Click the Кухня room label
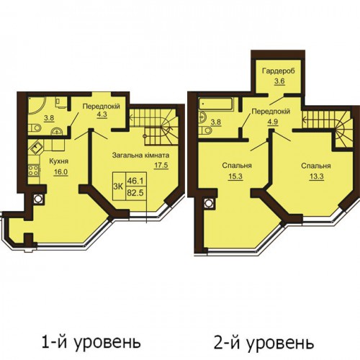coord(59,161)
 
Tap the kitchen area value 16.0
coord(61,172)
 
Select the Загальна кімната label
coord(140,156)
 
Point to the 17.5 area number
coord(161,166)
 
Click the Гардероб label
coord(279,71)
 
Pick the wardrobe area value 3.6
coord(279,81)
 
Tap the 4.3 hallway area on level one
coord(102,114)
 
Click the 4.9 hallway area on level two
coord(273,122)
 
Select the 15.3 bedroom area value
coord(236,176)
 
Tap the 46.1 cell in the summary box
coord(135,181)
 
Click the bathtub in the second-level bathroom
coord(215,105)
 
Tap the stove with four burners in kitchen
coord(34,171)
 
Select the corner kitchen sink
coord(36,147)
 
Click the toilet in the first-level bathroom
coord(34,128)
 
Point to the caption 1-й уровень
coord(91,343)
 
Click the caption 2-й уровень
coord(264,343)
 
